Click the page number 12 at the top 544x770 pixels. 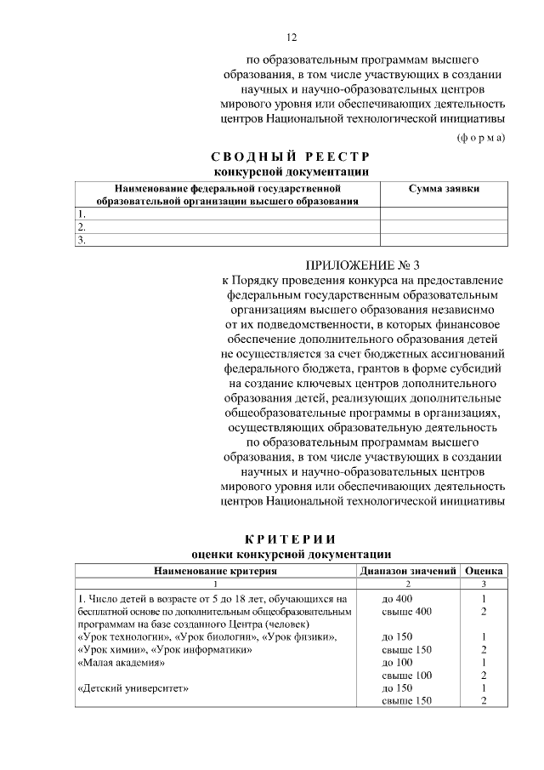[291, 37]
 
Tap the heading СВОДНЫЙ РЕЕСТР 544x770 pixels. [291, 157]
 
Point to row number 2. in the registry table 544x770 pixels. [82, 227]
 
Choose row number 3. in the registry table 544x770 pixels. [82, 240]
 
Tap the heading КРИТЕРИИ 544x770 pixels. [291, 539]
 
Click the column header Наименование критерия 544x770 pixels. [216, 570]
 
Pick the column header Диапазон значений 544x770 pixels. [408, 570]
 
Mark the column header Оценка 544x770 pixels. [484, 570]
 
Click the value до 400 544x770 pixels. [398, 599]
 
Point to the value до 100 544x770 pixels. [398, 661]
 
